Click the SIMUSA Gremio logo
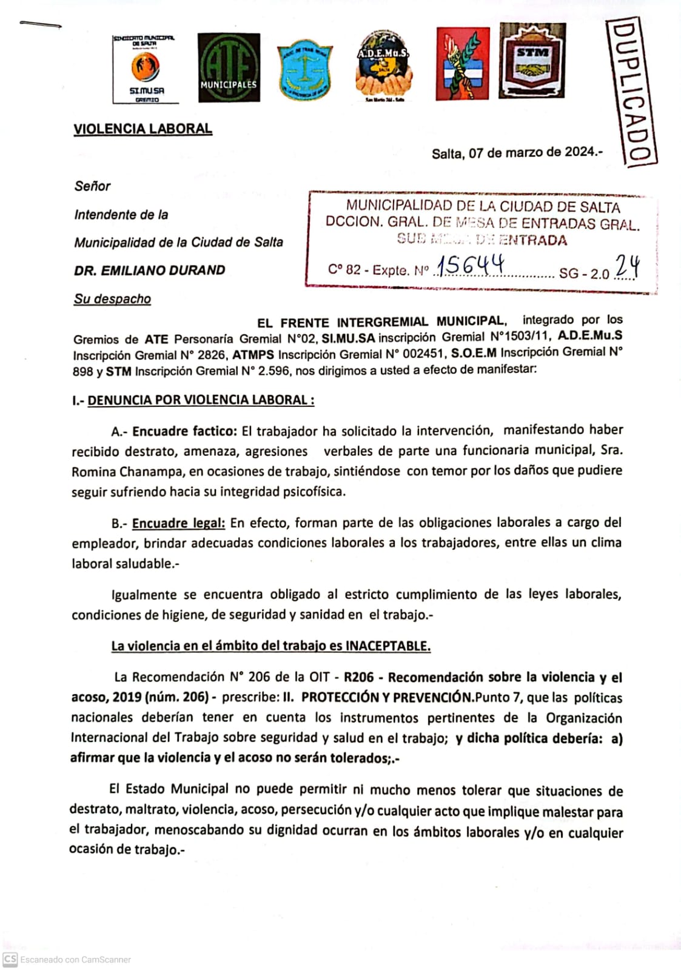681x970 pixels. [x=145, y=69]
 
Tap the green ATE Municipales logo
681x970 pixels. [x=229, y=67]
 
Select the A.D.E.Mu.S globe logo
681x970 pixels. [x=383, y=67]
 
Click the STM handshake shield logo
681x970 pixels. [x=532, y=61]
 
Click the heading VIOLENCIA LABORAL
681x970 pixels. [x=143, y=129]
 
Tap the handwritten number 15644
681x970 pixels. [x=471, y=265]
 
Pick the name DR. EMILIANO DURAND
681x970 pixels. [x=149, y=270]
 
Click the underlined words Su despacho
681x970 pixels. [x=112, y=299]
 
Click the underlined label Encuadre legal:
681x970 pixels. [x=178, y=523]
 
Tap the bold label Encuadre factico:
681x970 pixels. [x=184, y=432]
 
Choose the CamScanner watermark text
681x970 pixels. [x=75, y=960]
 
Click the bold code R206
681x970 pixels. [x=358, y=678]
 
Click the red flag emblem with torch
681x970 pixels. [x=462, y=64]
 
